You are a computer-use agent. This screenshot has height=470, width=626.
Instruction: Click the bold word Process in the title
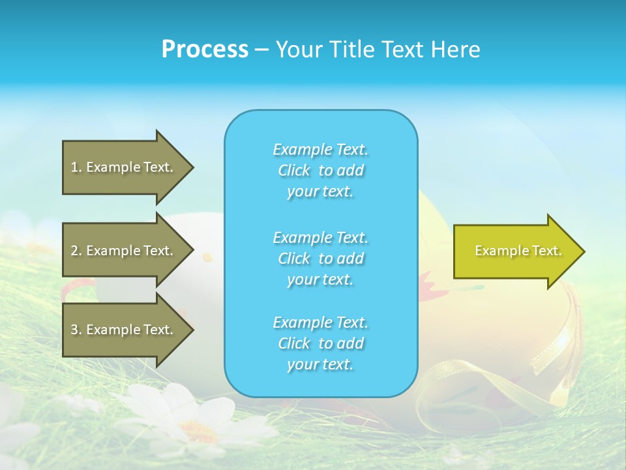(x=205, y=50)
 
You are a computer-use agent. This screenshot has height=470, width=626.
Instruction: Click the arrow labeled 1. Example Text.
(x=124, y=167)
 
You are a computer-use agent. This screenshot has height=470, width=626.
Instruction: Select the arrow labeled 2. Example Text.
(x=124, y=251)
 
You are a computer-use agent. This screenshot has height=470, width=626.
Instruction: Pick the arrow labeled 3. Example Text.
(x=124, y=330)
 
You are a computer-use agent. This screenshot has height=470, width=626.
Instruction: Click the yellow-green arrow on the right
(x=515, y=251)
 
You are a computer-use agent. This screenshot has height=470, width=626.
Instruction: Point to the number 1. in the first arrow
(x=76, y=167)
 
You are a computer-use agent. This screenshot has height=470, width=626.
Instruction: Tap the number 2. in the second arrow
(x=76, y=251)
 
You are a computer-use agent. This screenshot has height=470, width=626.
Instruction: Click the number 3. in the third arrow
(x=76, y=330)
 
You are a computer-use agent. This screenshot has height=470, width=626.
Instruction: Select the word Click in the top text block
(x=293, y=170)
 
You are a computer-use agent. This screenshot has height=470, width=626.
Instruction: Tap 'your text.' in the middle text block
(x=320, y=279)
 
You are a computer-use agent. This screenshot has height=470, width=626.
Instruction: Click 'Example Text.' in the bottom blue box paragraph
(x=320, y=322)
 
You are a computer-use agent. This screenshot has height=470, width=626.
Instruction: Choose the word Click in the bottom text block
(x=293, y=343)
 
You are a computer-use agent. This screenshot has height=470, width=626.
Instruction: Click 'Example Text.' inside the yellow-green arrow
(x=518, y=251)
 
